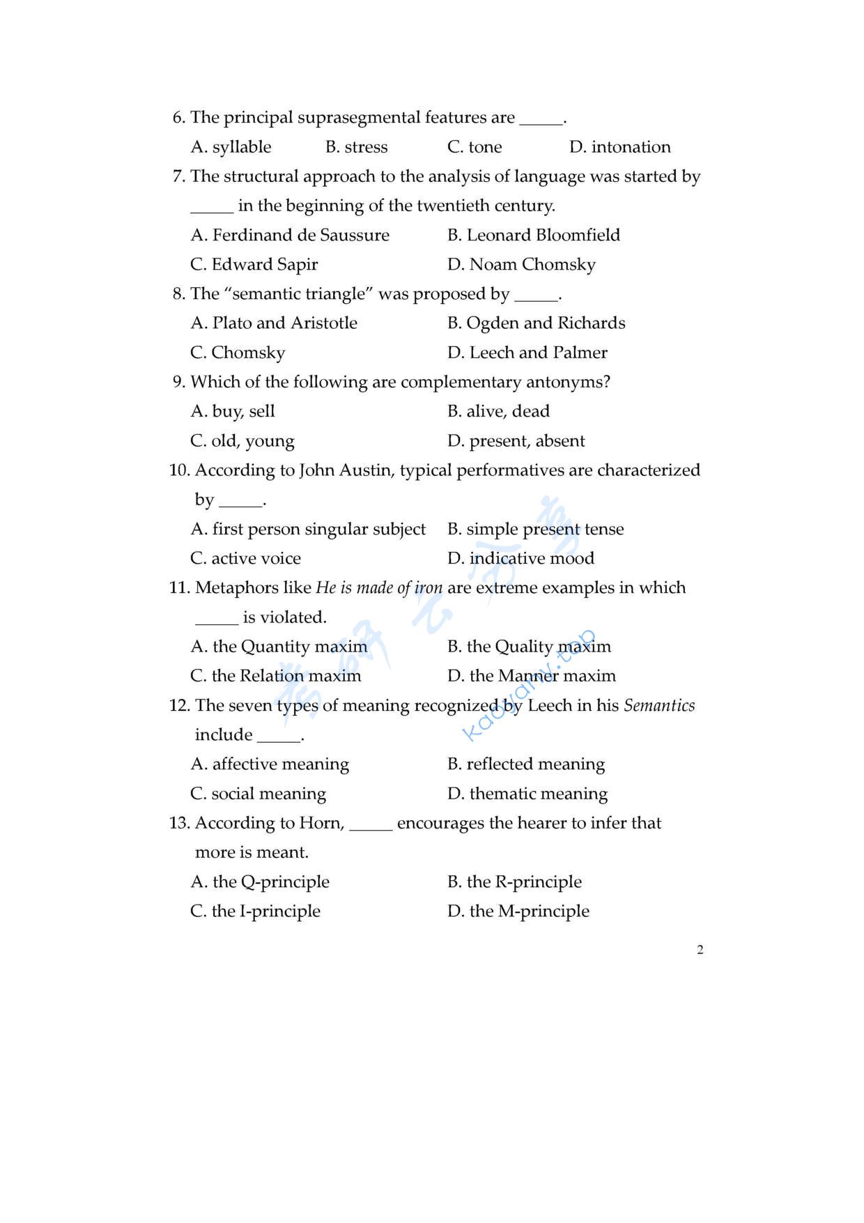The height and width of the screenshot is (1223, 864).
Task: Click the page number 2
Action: (x=700, y=950)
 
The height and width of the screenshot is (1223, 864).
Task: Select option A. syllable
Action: (x=231, y=147)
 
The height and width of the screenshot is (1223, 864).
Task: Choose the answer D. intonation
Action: (x=619, y=147)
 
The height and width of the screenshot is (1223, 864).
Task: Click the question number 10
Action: (x=179, y=470)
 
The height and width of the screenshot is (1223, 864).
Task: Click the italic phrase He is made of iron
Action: (x=379, y=588)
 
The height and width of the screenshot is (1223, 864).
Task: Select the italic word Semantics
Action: (x=659, y=705)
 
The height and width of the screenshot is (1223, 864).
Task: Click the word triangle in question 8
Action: (x=339, y=294)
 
